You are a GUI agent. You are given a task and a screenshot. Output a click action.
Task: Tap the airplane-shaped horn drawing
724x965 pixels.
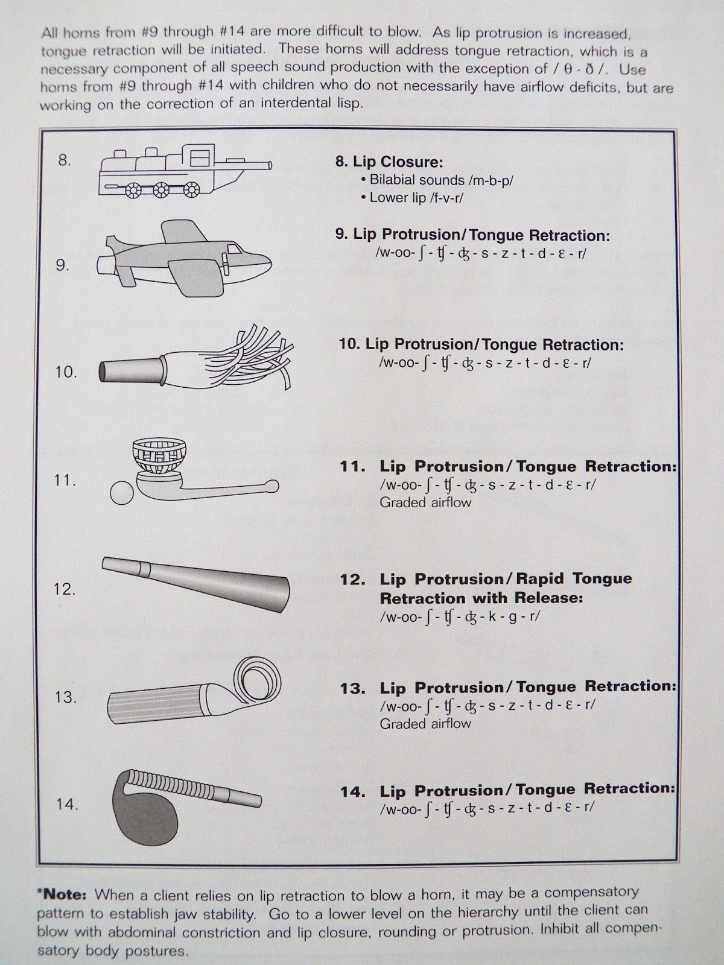184,259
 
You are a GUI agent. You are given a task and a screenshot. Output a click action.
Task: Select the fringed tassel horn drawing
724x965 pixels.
195,358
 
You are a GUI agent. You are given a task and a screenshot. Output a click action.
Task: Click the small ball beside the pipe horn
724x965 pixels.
122,493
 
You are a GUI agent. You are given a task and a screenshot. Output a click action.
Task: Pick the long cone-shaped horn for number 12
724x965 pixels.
196,584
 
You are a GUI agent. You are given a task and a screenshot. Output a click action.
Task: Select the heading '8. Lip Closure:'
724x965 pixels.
389,162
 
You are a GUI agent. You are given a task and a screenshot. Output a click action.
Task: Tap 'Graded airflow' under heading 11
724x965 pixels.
425,502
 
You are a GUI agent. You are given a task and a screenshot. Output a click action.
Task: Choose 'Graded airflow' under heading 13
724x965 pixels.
425,724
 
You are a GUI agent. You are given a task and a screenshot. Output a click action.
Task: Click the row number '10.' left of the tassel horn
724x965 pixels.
66,372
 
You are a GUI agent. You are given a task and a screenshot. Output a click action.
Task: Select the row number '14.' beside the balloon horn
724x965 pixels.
67,804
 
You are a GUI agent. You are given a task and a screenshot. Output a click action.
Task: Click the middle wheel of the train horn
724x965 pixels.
161,190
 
